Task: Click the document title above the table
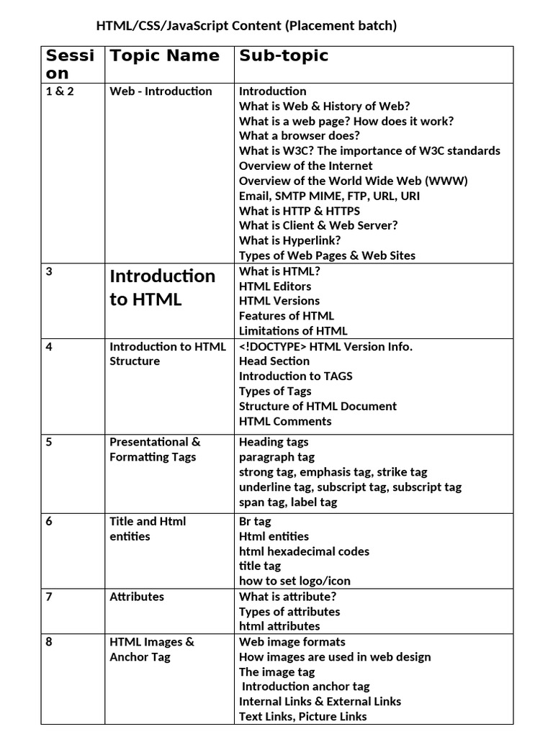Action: [246, 27]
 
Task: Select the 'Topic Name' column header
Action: [164, 56]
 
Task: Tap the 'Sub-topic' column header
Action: [284, 56]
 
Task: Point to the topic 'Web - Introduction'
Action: [161, 91]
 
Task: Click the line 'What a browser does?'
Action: [300, 136]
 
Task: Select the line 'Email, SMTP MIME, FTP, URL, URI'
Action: [329, 196]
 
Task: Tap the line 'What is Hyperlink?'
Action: [290, 240]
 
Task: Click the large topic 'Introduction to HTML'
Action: [162, 287]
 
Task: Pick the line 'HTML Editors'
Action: [275, 286]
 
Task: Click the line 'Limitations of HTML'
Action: [293, 331]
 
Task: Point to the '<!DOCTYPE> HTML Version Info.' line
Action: [325, 347]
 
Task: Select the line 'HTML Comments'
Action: [285, 422]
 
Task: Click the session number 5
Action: [49, 442]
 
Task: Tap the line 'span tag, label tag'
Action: [288, 502]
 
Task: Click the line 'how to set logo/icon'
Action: [295, 581]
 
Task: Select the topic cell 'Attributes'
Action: [137, 597]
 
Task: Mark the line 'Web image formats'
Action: [292, 642]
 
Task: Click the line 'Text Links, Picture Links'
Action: [302, 716]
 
